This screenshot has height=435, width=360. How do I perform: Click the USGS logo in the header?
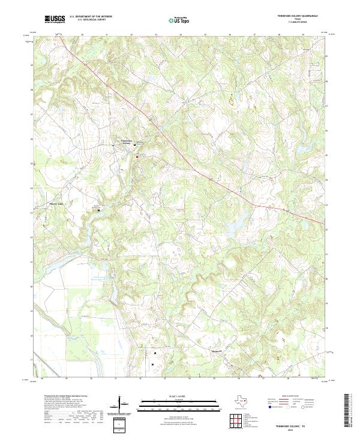55,19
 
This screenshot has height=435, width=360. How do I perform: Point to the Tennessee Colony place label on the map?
123,143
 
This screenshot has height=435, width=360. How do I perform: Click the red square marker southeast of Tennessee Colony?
136,157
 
